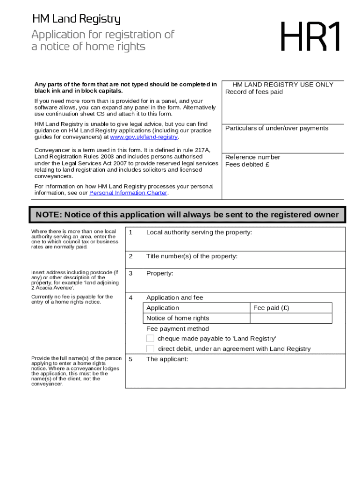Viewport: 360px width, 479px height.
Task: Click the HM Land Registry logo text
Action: pyautogui.click(x=76, y=19)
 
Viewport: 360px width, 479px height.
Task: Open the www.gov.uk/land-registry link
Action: pyautogui.click(x=144, y=137)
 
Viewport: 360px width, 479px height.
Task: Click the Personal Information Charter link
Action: pyautogui.click(x=128, y=193)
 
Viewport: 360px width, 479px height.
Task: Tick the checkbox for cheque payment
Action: pyautogui.click(x=150, y=338)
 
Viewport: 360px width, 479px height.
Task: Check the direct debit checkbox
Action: pyautogui.click(x=150, y=348)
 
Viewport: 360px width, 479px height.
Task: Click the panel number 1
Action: pyautogui.click(x=131, y=232)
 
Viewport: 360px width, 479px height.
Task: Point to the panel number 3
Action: pyautogui.click(x=131, y=273)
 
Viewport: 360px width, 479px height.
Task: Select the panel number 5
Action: pyautogui.click(x=131, y=359)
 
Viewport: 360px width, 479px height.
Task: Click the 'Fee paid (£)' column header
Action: pyautogui.click(x=271, y=308)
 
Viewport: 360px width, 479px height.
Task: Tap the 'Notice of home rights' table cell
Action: pyautogui.click(x=178, y=318)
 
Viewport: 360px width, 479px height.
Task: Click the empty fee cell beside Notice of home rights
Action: pyautogui.click(x=291, y=318)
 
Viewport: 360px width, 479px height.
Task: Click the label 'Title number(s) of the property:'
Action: pyautogui.click(x=192, y=256)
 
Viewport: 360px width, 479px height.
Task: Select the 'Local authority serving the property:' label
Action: pyautogui.click(x=199, y=232)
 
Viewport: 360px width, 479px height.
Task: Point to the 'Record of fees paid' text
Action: pyautogui.click(x=254, y=92)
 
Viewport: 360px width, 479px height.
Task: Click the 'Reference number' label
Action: pyautogui.click(x=252, y=157)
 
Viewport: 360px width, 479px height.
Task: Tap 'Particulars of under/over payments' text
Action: pyautogui.click(x=277, y=128)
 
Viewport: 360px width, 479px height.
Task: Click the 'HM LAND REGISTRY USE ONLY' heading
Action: pyautogui.click(x=283, y=85)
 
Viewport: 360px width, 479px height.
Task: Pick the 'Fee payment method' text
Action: pyautogui.click(x=178, y=328)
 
